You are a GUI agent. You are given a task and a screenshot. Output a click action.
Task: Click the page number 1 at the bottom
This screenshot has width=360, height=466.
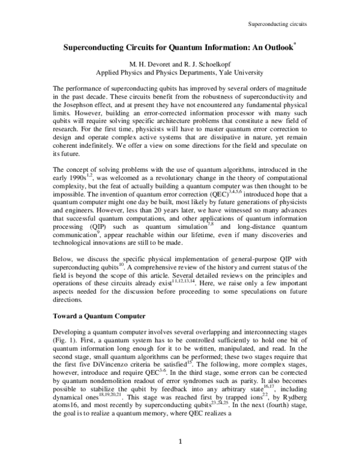pyautogui.click(x=180, y=443)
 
